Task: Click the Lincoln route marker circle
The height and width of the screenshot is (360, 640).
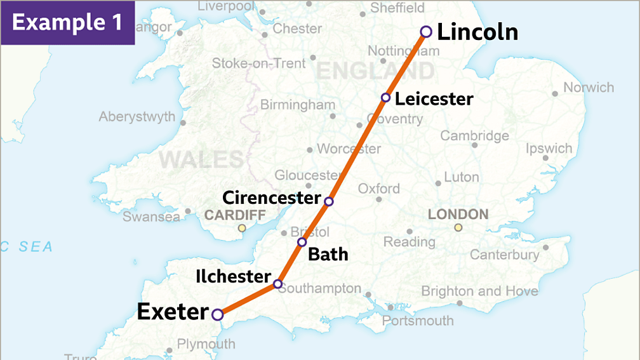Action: (x=426, y=32)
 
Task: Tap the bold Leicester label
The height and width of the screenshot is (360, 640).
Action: (x=434, y=99)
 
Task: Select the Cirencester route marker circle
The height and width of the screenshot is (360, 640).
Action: (x=328, y=202)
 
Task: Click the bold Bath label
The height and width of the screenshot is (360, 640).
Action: (x=328, y=255)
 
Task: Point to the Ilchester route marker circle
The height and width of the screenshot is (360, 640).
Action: (x=277, y=284)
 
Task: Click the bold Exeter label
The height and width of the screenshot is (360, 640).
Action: (x=173, y=312)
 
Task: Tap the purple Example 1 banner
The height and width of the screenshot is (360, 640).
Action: (x=67, y=22)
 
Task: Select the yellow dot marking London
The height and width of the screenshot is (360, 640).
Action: (x=458, y=228)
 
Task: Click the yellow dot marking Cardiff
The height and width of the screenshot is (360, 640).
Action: (x=241, y=228)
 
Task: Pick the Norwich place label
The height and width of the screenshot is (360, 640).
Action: (x=589, y=88)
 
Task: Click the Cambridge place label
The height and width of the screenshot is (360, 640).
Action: (x=474, y=136)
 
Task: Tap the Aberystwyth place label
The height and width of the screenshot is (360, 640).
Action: (x=137, y=117)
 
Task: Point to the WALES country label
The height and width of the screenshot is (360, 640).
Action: (x=201, y=159)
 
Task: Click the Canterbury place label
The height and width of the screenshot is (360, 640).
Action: (x=504, y=255)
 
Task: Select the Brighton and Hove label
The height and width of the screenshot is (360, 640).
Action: (x=479, y=291)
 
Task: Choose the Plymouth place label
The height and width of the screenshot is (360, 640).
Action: (x=206, y=344)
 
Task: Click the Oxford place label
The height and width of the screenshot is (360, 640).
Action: (x=379, y=189)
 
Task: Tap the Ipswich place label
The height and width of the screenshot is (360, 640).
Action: (x=549, y=149)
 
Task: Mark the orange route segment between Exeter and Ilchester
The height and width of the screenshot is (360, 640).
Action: (x=248, y=299)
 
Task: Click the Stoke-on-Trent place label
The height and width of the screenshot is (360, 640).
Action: (x=258, y=63)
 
